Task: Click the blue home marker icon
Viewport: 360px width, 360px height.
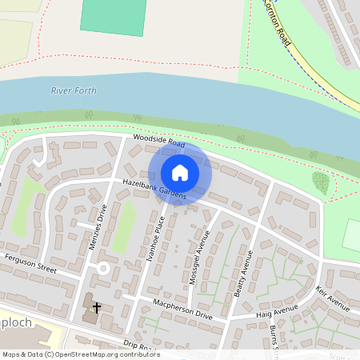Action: [180, 173]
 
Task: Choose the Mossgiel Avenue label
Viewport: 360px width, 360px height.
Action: [202, 253]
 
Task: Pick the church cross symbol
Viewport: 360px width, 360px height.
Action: [97, 307]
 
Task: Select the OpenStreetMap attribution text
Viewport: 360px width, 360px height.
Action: [80, 354]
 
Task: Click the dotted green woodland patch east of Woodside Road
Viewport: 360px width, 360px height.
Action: [320, 182]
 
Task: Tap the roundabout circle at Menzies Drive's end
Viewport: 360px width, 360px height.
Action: [102, 269]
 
